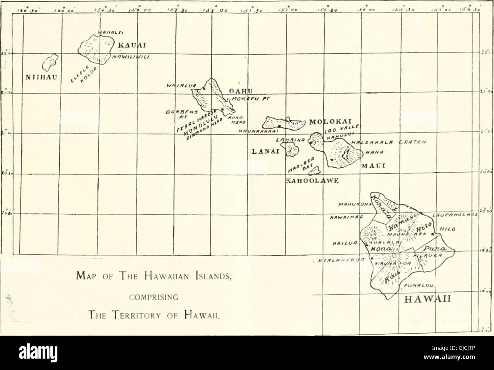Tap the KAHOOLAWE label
tap(309, 181)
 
